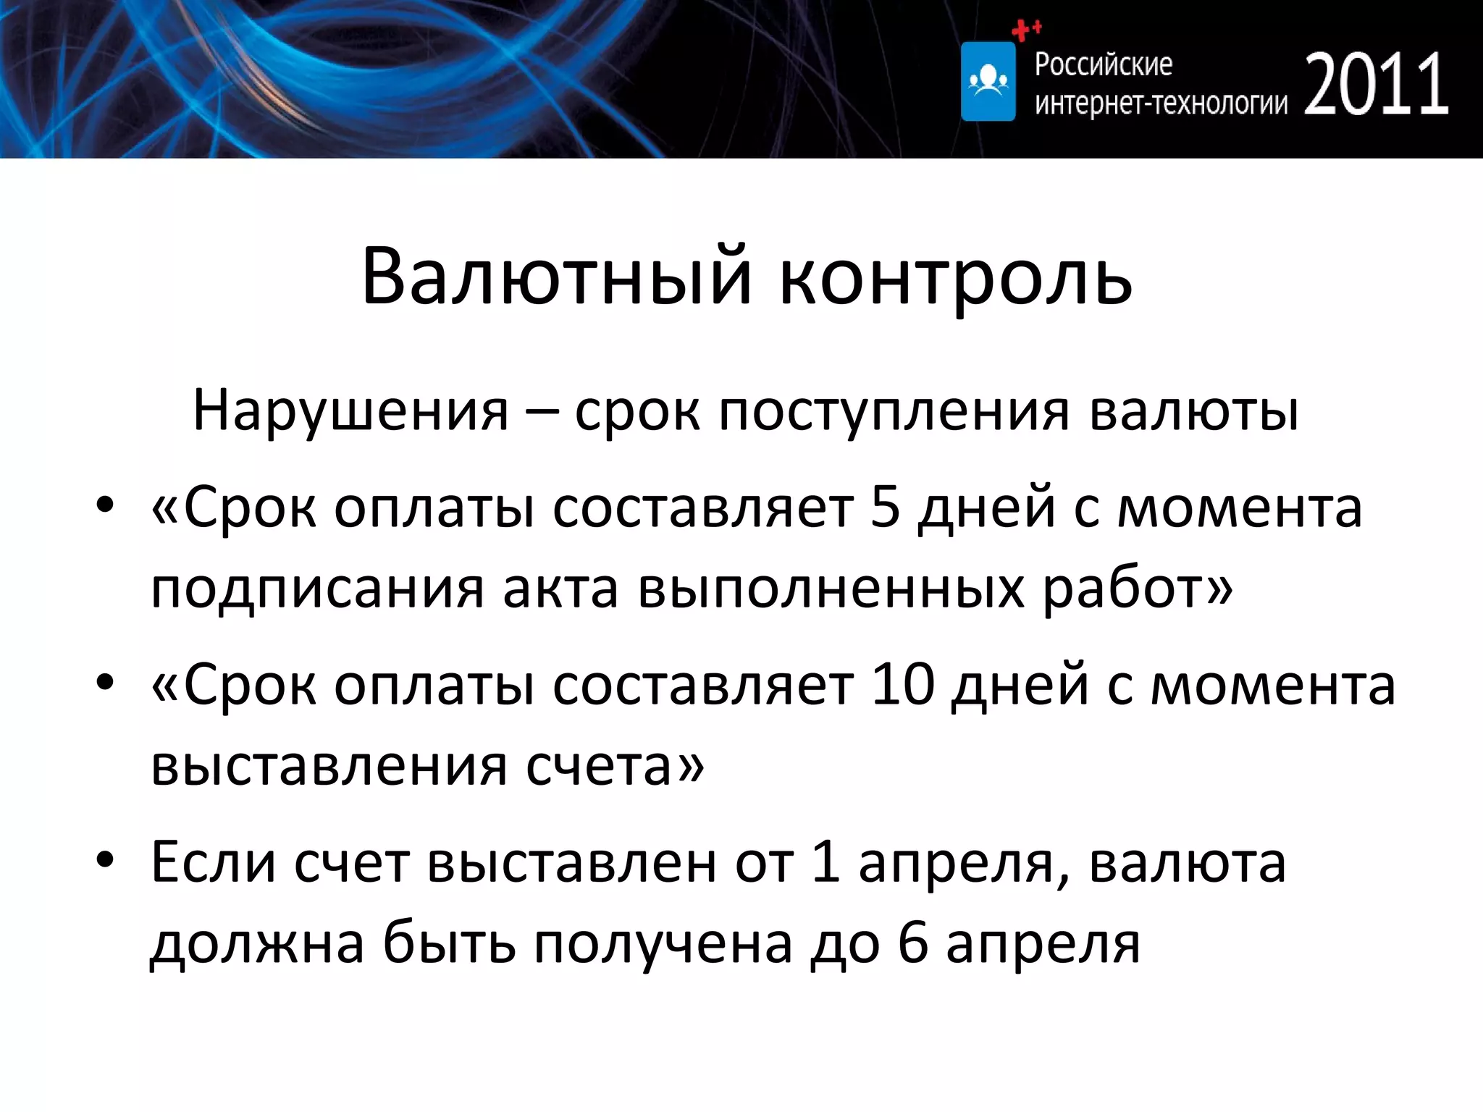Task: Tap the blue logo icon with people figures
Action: pos(988,81)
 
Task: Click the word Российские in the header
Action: pos(1103,64)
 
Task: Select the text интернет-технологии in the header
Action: pos(1161,104)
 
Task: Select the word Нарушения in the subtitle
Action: pos(350,411)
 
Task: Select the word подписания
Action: pos(316,588)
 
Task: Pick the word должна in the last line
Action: pos(257,944)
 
